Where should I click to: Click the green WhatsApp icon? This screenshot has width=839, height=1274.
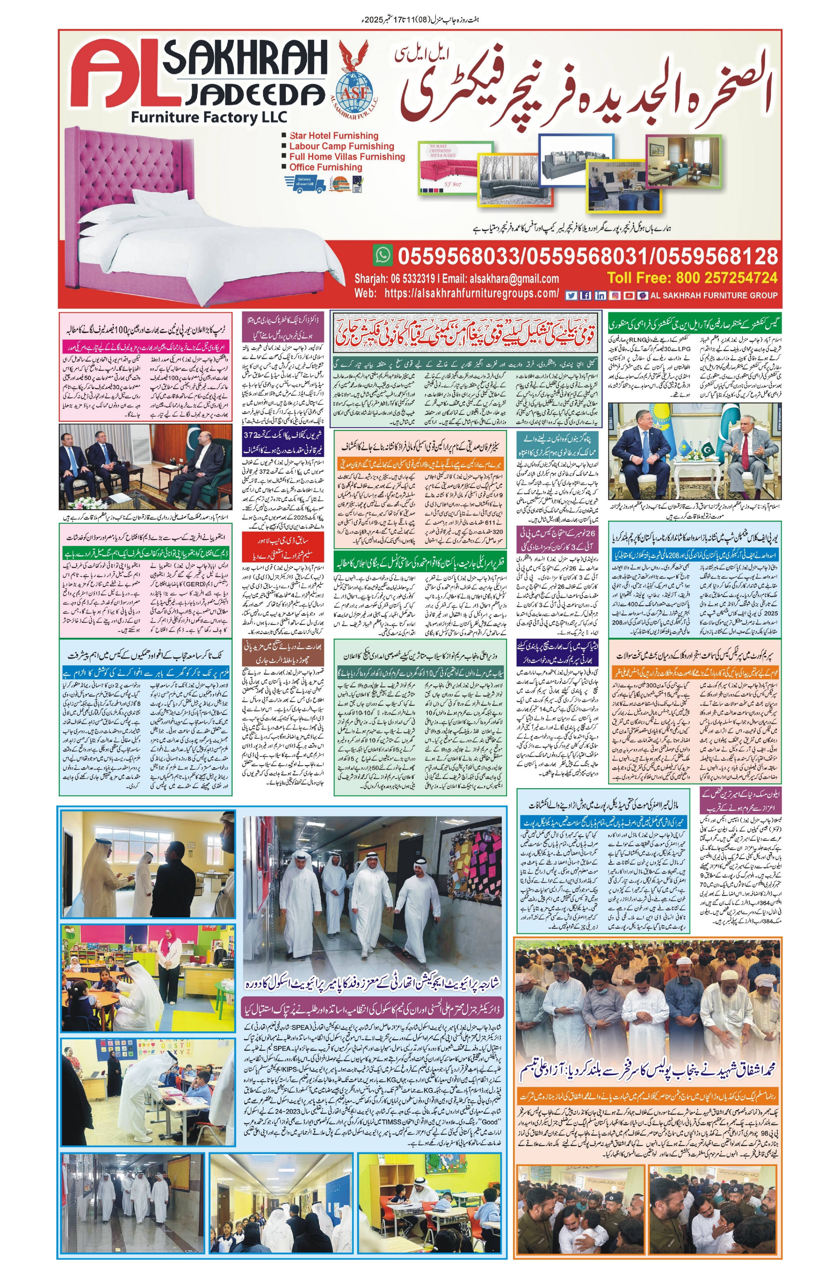click(383, 255)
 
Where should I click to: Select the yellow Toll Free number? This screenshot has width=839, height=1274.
click(692, 278)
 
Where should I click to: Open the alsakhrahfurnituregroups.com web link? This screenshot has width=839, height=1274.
click(471, 293)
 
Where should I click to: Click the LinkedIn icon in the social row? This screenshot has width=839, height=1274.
click(600, 295)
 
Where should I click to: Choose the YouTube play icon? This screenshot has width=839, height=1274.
click(629, 295)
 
